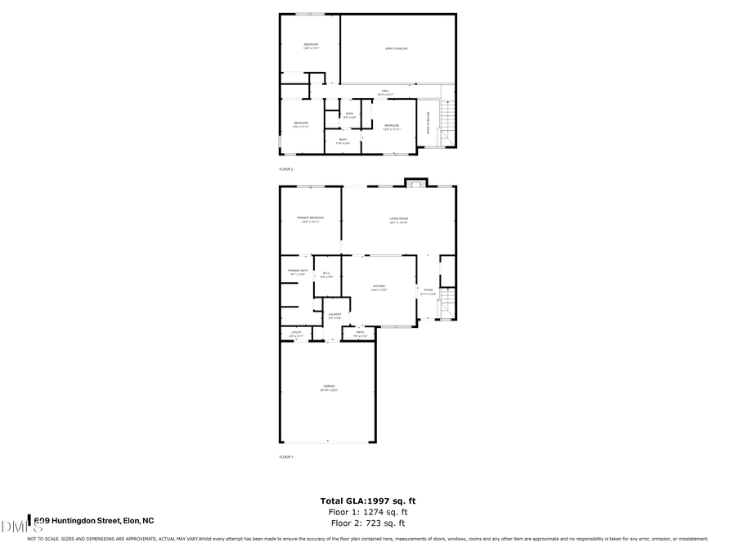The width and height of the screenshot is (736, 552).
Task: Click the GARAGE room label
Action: pos(328,388)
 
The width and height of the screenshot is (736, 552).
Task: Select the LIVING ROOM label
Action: pos(398,219)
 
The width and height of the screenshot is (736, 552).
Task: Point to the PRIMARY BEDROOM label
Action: pos(310,218)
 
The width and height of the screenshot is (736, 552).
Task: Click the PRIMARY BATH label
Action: pos(298,272)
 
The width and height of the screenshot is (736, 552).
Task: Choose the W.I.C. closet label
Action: pos(326,275)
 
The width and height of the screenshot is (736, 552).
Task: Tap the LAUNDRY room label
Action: pos(334,315)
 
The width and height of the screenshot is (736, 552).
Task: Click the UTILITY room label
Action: pos(296,334)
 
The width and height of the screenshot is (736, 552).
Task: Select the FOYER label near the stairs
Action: pos(428,291)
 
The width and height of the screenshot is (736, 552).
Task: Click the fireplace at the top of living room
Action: pos(415,183)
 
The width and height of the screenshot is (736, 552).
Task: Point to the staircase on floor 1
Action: pos(447,304)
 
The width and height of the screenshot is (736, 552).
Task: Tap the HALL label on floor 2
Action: pos(384,92)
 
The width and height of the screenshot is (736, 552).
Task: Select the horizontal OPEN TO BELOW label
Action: pos(397,48)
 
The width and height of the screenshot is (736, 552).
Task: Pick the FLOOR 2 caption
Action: pos(286,169)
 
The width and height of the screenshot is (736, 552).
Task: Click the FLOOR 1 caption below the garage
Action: pos(286,456)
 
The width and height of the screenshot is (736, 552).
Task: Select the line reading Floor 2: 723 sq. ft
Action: pos(367,523)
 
